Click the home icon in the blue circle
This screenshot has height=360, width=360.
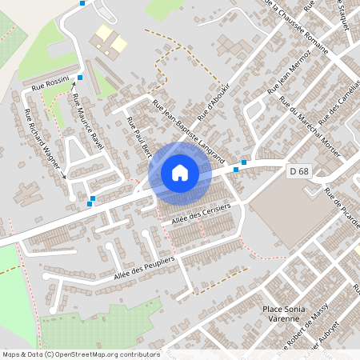click(179, 172)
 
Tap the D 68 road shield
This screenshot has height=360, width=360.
click(298, 171)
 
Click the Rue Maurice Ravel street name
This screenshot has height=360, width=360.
click(87, 121)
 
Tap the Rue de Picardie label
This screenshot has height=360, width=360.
click(342, 203)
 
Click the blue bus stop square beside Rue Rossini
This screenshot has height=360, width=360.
click(80, 77)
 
